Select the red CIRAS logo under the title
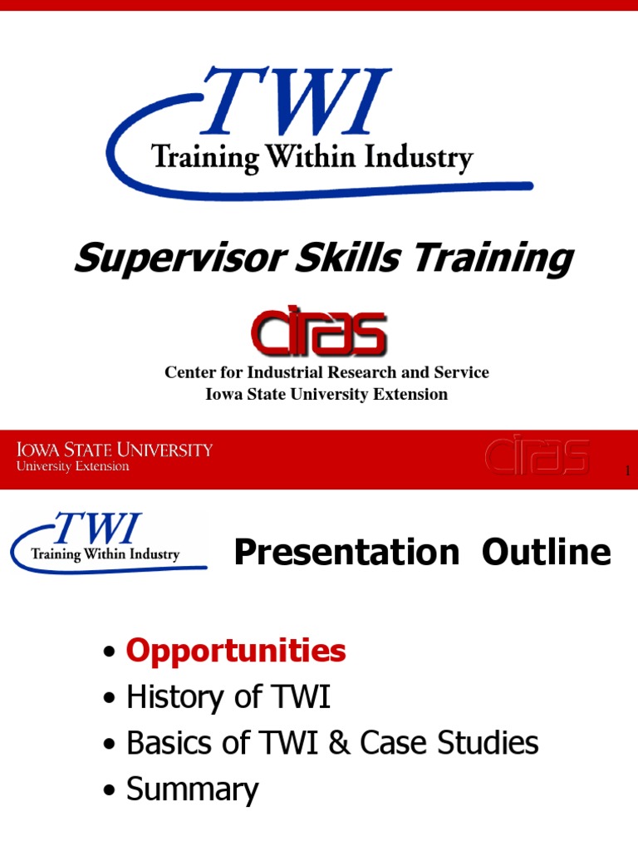[x=318, y=332]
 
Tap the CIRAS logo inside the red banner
[x=537, y=458]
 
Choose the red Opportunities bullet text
[x=236, y=651]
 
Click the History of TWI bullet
[x=228, y=697]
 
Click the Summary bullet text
[x=193, y=790]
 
